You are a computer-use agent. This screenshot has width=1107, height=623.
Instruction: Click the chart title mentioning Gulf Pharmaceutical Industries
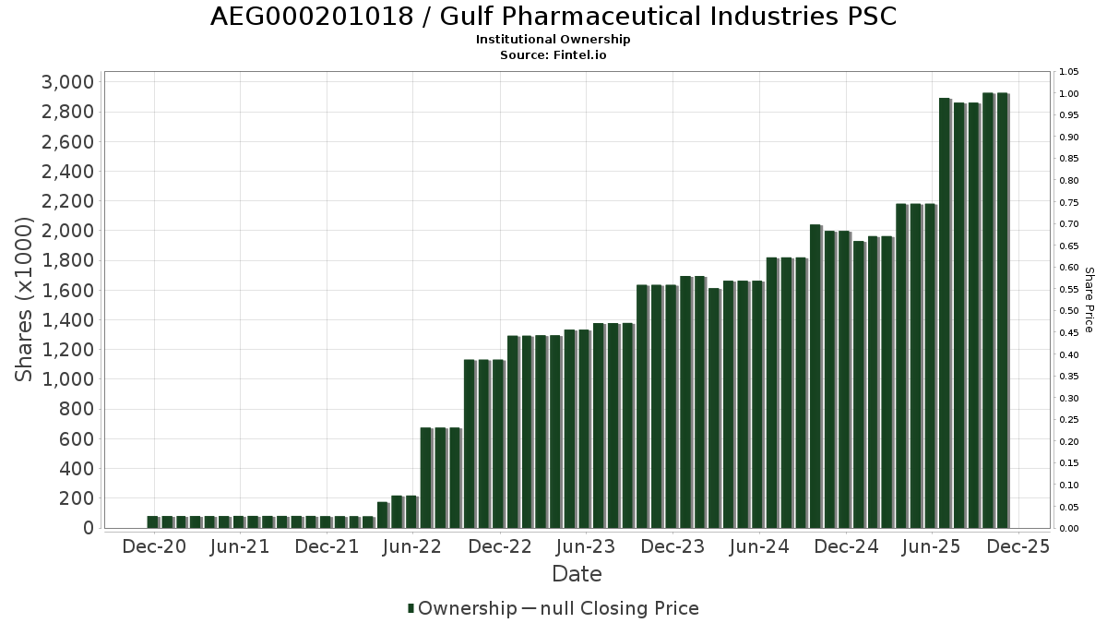pyautogui.click(x=553, y=17)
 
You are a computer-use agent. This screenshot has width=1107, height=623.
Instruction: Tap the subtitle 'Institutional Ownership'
pyautogui.click(x=553, y=40)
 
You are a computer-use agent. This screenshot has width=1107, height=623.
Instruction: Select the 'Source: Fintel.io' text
pyautogui.click(x=553, y=54)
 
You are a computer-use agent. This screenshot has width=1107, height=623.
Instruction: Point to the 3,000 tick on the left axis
pyautogui.click(x=68, y=82)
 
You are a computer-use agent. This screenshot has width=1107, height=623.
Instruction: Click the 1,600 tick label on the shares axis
pyautogui.click(x=68, y=290)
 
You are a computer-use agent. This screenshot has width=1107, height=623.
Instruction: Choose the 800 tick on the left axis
pyautogui.click(x=75, y=409)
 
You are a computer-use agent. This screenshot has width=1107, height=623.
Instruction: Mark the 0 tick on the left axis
pyautogui.click(x=89, y=528)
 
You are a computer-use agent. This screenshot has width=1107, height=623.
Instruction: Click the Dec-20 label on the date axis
pyautogui.click(x=154, y=546)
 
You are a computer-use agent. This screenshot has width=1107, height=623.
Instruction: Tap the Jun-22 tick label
pyautogui.click(x=413, y=546)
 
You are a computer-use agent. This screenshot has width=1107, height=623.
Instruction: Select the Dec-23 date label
pyautogui.click(x=673, y=546)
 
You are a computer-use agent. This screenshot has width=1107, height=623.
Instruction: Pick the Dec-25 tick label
pyautogui.click(x=1018, y=546)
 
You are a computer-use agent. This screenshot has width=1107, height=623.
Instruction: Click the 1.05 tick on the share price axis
pyautogui.click(x=1069, y=72)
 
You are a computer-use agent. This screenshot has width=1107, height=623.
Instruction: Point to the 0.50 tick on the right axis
pyautogui.click(x=1069, y=311)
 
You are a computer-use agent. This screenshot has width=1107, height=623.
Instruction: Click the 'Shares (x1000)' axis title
pyautogui.click(x=25, y=300)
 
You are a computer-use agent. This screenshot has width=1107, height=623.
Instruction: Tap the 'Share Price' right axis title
pyautogui.click(x=1089, y=300)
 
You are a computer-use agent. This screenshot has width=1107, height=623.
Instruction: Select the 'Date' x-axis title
pyautogui.click(x=577, y=574)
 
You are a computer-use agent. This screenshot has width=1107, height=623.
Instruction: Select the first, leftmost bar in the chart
pyautogui.click(x=152, y=521)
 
